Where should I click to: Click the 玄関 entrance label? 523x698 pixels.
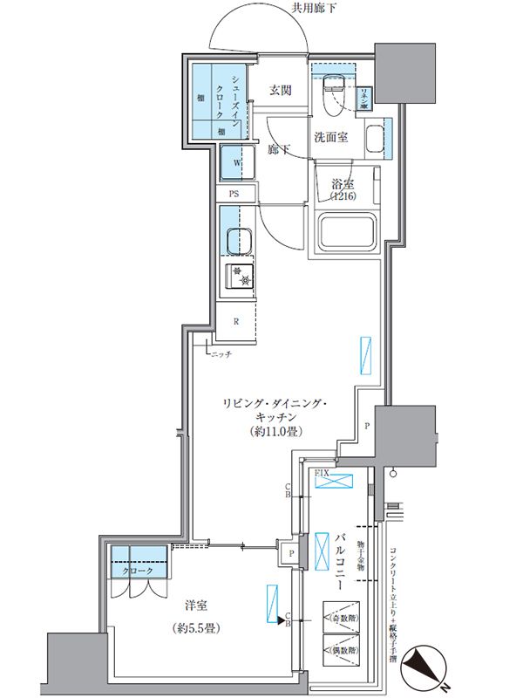(x=279, y=90)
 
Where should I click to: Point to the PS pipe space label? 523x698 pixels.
(x=234, y=194)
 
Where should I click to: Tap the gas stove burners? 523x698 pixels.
(x=240, y=277)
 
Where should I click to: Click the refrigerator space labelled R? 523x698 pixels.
(x=236, y=320)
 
